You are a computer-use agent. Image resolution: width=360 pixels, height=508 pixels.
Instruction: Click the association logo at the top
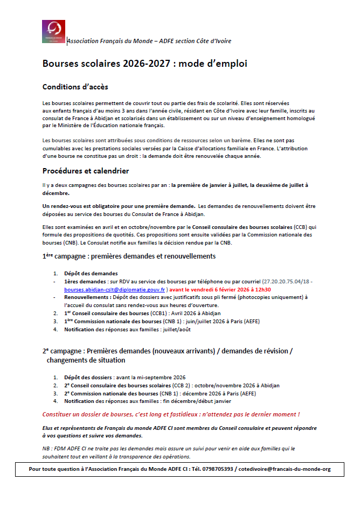point(53,32)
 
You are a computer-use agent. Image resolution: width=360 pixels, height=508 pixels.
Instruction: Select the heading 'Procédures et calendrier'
point(86,171)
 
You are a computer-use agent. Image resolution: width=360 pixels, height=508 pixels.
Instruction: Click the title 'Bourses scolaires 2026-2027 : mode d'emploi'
point(145,64)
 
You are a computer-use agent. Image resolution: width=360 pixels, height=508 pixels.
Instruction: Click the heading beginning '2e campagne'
point(167,351)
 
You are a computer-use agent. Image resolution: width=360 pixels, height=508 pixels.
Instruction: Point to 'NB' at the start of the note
point(46,448)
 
